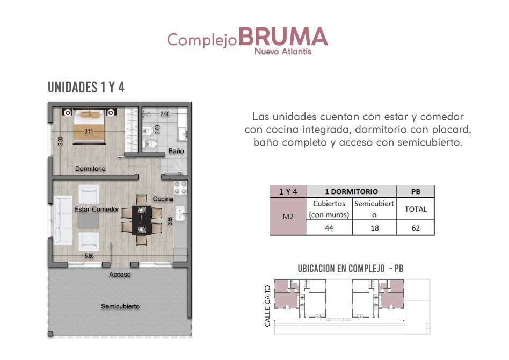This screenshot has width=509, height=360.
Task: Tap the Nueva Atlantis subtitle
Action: coord(283,52)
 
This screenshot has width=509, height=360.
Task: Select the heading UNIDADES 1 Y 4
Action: coord(86,87)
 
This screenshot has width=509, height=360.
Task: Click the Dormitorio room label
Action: coord(90,169)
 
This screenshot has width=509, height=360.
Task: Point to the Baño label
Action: coord(176,151)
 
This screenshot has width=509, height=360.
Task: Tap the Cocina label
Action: coord(163,199)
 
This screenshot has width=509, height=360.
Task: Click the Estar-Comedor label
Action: coord(97,209)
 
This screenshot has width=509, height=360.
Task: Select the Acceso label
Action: coord(120,275)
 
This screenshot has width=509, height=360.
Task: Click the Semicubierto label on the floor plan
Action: coord(120,306)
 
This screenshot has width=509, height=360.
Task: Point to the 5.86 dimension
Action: coord(89,256)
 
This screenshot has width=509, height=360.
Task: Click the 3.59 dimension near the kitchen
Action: coord(170,221)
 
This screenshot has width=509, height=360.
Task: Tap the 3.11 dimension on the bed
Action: coord(89,132)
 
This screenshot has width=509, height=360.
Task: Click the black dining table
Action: coord(142,220)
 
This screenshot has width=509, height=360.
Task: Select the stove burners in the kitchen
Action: coord(181,188)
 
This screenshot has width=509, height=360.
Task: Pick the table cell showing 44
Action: coord(329,228)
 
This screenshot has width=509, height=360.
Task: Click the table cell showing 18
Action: coord(375,228)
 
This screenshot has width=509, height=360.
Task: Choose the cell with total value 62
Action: coord(416,228)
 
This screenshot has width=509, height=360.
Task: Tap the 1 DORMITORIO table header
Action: coord(351,191)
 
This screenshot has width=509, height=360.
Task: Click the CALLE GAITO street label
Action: coord(267,306)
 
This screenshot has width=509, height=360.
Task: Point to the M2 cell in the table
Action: coord(288,217)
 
